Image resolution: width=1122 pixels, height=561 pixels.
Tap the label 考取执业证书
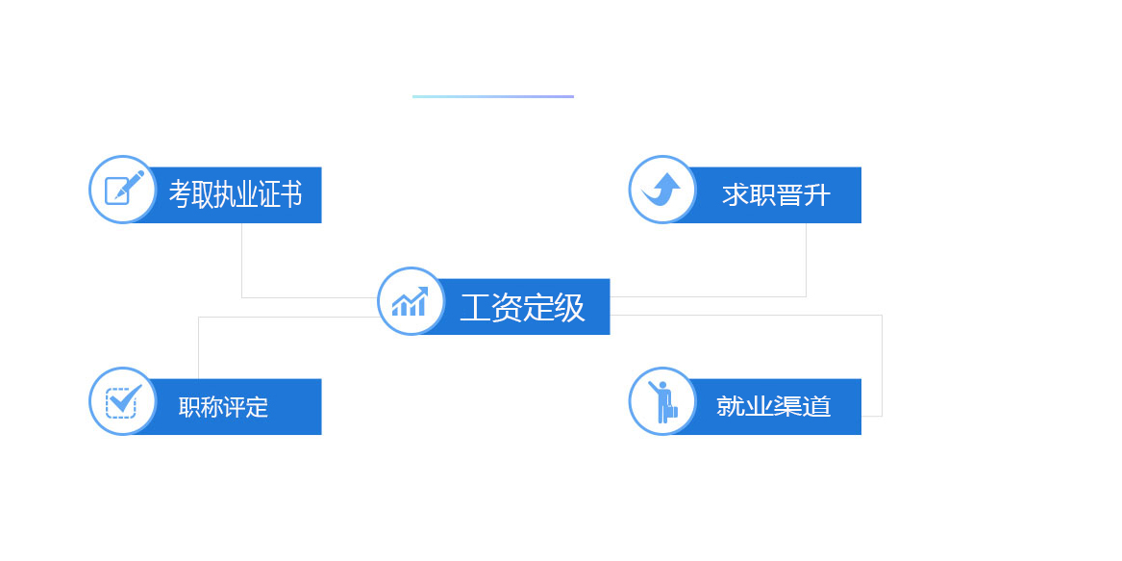236,194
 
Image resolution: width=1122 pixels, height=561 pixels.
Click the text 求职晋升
777,194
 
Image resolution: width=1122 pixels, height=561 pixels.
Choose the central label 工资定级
522,307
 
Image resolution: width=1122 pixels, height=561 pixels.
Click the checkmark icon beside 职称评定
123,401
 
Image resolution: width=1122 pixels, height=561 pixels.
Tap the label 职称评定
223,407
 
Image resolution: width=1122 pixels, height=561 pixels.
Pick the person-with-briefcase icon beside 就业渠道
662,401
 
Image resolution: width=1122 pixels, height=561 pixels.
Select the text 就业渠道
774,406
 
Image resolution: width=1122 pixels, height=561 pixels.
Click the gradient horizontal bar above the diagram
493,97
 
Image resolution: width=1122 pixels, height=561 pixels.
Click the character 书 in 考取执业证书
290,194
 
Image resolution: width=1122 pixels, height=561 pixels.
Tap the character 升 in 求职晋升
817,194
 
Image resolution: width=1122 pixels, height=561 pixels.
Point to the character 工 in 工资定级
475,308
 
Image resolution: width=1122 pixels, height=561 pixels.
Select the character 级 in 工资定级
569,307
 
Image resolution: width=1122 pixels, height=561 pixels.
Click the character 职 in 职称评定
188,407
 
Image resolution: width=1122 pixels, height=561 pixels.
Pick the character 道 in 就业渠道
817,406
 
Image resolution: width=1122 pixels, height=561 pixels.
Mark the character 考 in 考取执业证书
180,194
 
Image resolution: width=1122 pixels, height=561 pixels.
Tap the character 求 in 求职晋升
736,194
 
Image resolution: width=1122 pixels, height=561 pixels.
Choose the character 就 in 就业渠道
730,406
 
